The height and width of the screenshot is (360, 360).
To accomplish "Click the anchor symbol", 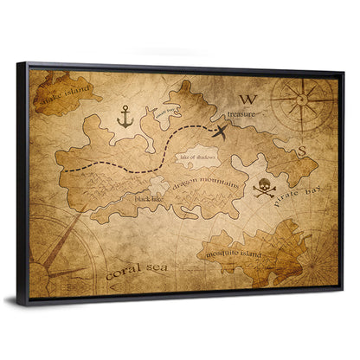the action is tap(125, 116).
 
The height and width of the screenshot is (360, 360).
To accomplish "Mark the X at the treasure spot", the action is tap(221, 131).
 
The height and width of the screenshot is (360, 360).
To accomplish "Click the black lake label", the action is tap(149, 198).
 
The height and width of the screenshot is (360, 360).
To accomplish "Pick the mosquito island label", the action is tap(241, 252).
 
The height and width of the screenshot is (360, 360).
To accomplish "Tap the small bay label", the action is tap(167, 111).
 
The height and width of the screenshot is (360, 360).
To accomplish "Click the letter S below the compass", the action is tap(302, 150).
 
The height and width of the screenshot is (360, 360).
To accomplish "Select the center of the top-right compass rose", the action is tap(301, 101).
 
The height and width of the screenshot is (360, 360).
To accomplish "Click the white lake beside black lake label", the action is tap(158, 184).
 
